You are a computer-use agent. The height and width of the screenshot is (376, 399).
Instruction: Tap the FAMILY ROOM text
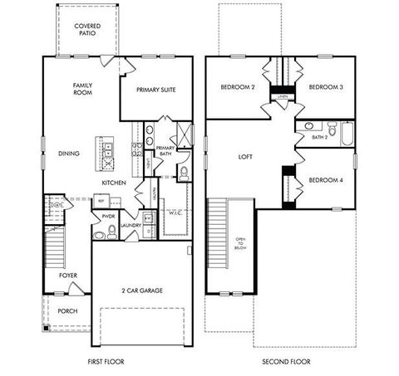click(x=82, y=89)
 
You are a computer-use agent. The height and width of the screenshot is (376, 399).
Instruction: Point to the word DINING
click(x=69, y=154)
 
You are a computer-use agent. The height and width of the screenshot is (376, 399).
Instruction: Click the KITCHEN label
click(x=114, y=182)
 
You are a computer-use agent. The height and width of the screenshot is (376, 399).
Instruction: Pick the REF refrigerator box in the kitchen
click(x=101, y=201)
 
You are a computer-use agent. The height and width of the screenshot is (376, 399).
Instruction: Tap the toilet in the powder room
click(x=100, y=235)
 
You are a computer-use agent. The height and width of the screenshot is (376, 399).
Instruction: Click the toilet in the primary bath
click(x=185, y=173)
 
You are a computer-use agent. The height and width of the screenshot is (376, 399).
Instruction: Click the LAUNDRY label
click(x=129, y=225)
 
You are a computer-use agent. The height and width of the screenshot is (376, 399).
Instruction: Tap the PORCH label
click(x=67, y=311)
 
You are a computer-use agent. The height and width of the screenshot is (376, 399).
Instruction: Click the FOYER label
click(x=68, y=275)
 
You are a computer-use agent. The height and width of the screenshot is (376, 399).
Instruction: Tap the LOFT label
click(x=245, y=156)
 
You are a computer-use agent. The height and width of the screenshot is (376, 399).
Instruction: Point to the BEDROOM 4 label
click(x=323, y=180)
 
